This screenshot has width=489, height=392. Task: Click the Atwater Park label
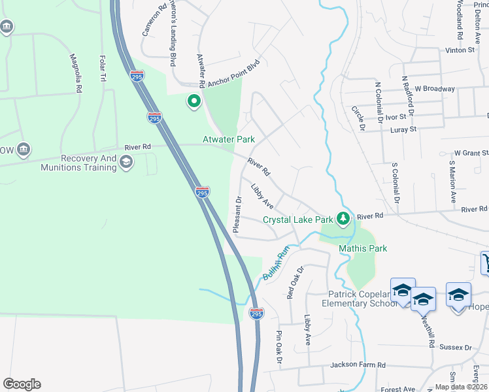click(228, 139)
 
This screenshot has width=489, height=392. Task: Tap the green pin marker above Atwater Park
click(194, 102)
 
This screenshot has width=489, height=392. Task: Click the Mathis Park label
click(363, 248)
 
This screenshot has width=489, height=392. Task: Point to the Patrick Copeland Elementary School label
click(358, 299)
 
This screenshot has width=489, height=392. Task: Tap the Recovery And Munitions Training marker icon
click(126, 163)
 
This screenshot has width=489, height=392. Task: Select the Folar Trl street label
click(102, 69)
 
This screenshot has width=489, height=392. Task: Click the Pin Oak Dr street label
click(278, 347)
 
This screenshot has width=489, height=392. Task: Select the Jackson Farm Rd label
click(358, 365)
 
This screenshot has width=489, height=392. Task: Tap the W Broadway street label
click(435, 89)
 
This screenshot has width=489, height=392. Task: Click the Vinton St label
click(459, 50)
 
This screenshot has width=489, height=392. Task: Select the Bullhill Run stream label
click(276, 263)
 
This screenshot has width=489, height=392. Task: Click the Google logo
click(22, 384)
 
